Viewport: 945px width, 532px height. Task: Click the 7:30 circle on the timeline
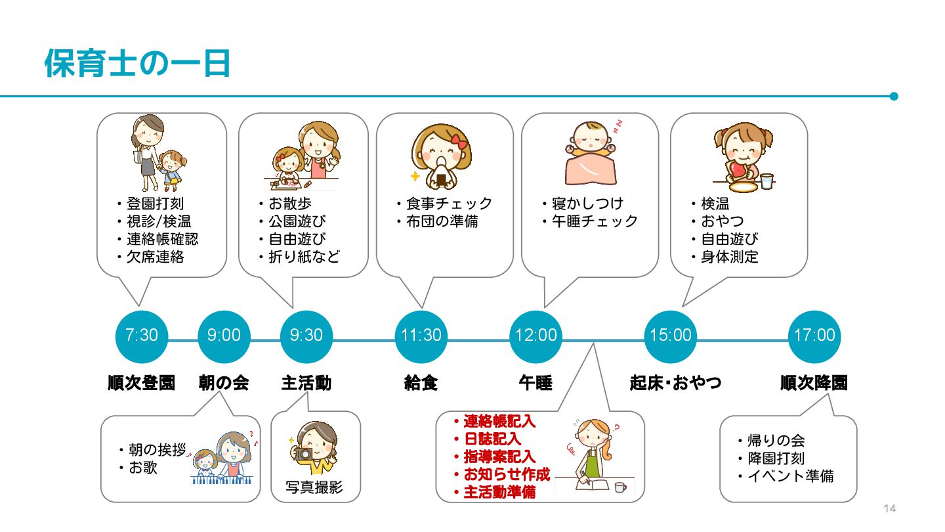141,336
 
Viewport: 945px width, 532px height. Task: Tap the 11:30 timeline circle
421,336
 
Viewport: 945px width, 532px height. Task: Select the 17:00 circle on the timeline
814,336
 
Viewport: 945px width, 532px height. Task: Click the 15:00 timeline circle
671,336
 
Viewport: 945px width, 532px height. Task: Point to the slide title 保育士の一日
138,64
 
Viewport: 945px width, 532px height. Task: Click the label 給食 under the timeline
421,383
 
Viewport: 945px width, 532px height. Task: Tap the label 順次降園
814,383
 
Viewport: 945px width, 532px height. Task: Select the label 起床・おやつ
675,383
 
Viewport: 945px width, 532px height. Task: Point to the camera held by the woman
304,453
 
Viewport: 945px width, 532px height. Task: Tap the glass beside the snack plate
767,181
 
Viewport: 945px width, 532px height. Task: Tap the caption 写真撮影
314,488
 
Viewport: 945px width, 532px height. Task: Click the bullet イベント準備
790,476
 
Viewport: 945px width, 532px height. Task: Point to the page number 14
890,509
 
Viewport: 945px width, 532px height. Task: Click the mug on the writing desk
620,487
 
